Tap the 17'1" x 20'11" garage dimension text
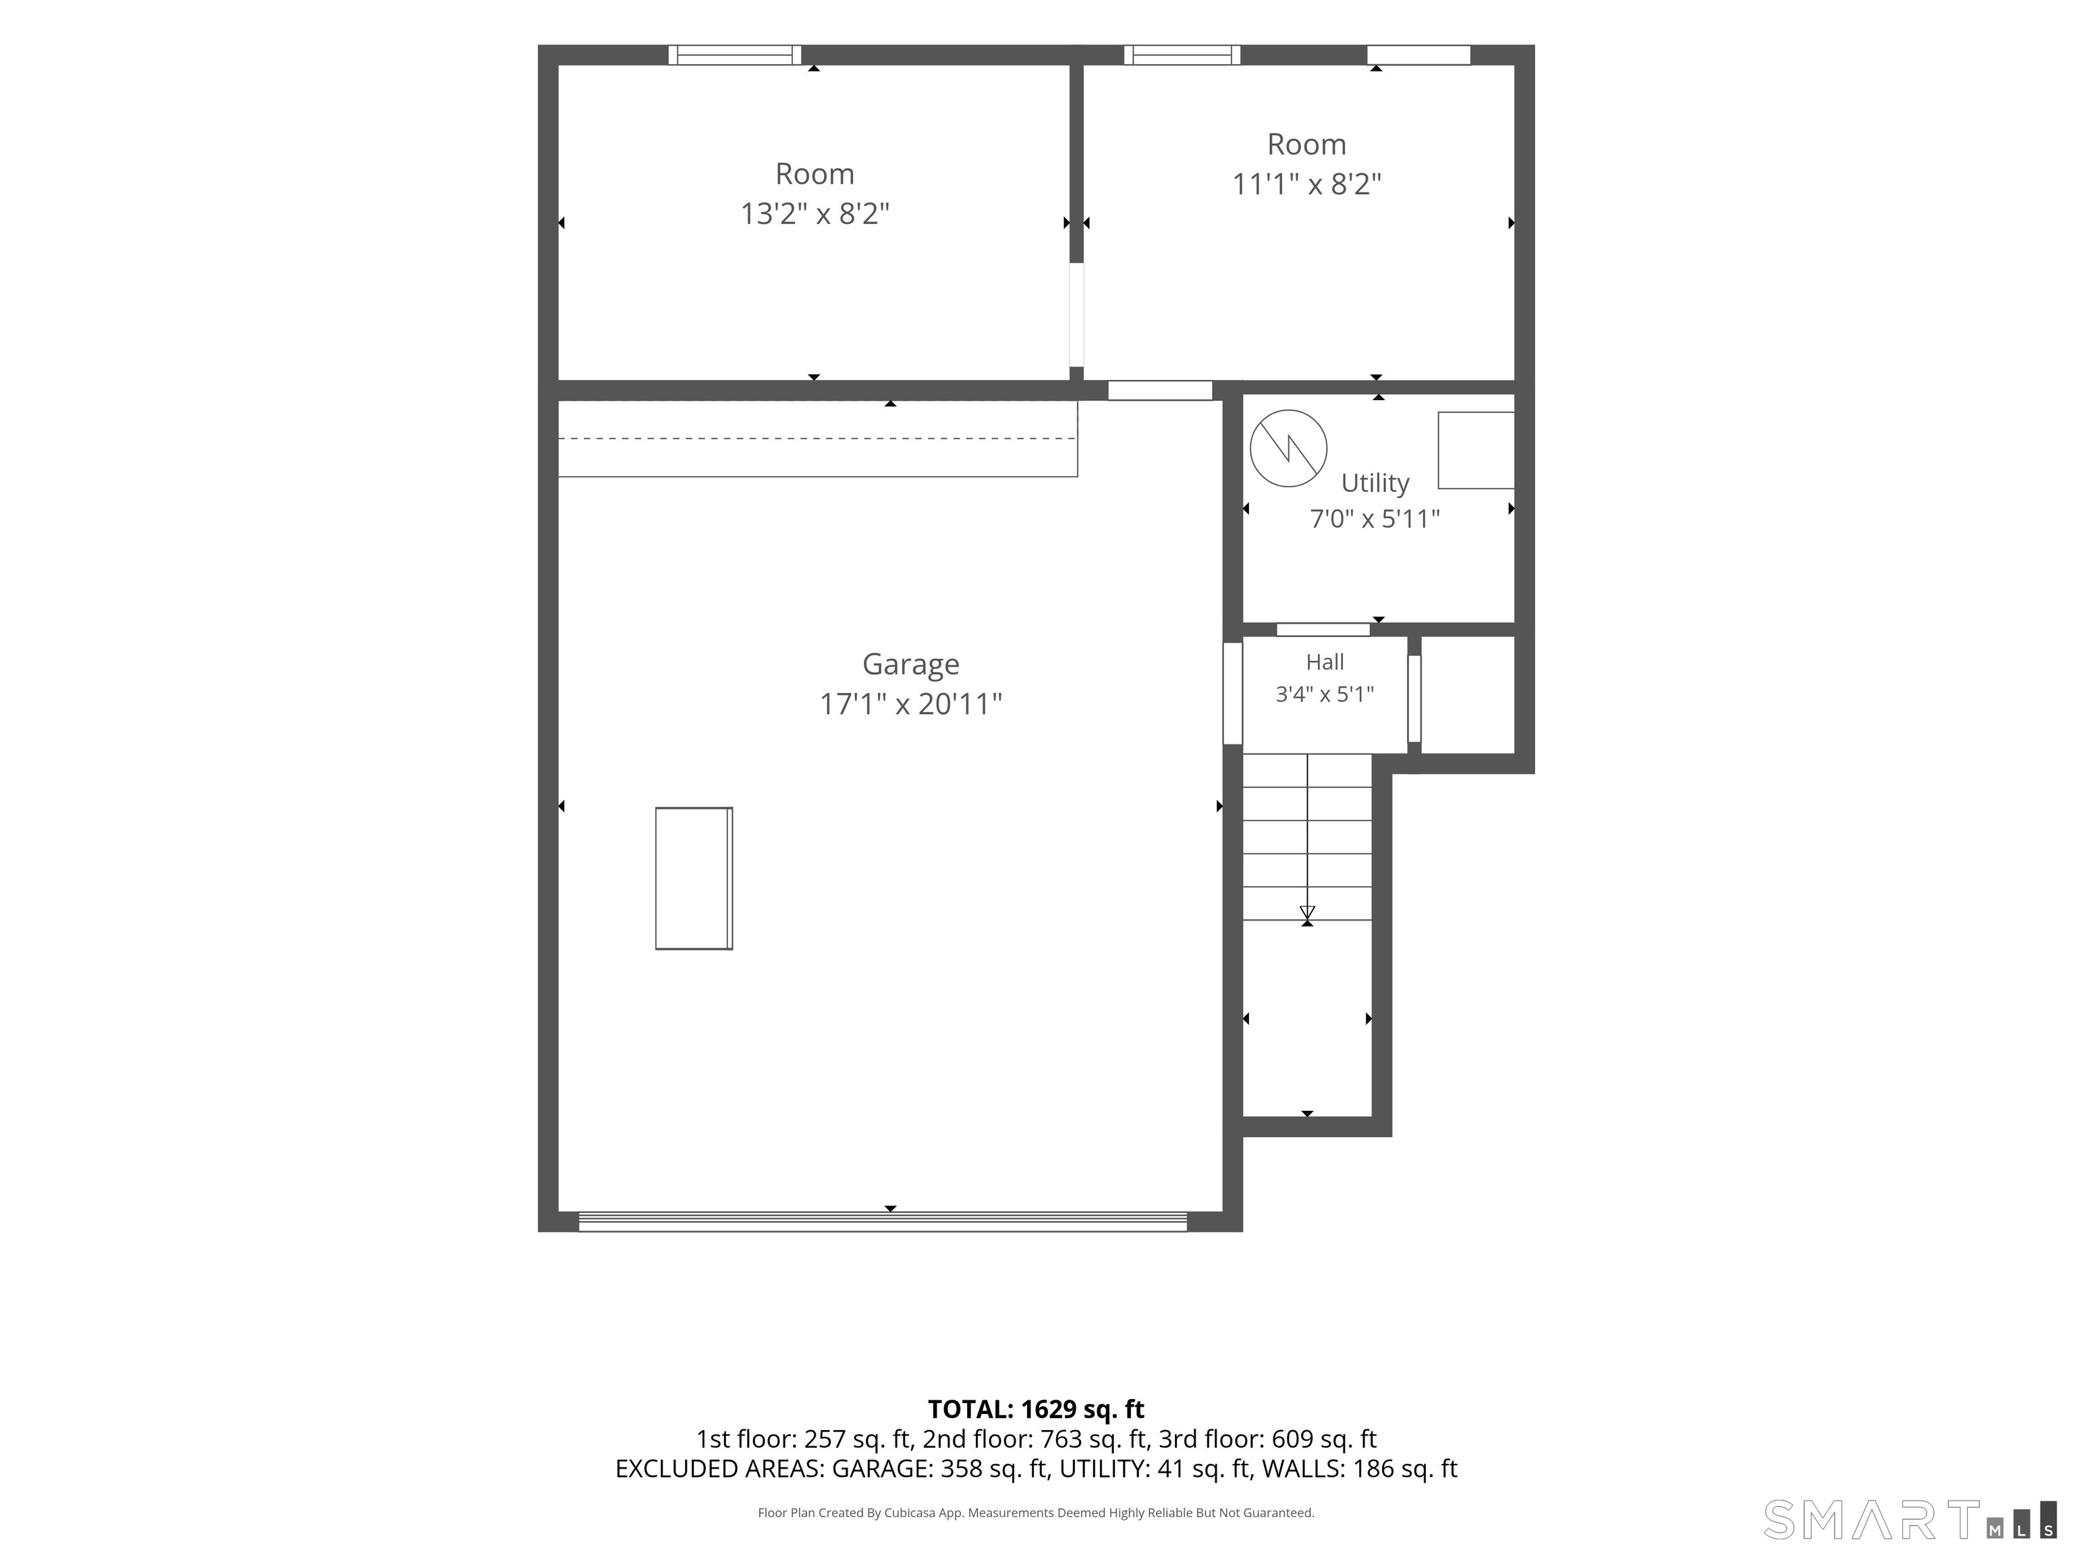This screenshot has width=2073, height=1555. (x=911, y=704)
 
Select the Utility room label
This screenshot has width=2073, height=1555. (x=1375, y=483)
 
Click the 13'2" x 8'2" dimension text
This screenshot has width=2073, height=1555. (x=814, y=214)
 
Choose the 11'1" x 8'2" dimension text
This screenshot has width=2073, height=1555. (x=1306, y=184)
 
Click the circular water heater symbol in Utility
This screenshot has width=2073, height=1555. (x=1289, y=448)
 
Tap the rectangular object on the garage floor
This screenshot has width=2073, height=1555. (x=694, y=878)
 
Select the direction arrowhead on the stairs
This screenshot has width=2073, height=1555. (x=1307, y=913)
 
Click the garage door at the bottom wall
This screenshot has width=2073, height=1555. (x=883, y=1222)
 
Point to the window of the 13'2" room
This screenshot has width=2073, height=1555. (x=735, y=55)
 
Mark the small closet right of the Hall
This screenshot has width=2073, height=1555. (x=1468, y=694)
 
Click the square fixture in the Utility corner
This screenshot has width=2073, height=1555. (x=1476, y=450)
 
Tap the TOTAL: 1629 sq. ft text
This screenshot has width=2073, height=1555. (x=1036, y=1409)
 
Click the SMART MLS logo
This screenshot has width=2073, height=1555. (x=1910, y=1519)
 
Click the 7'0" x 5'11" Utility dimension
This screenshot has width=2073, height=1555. (x=1375, y=518)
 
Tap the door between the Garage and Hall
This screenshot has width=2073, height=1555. (x=1234, y=694)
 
